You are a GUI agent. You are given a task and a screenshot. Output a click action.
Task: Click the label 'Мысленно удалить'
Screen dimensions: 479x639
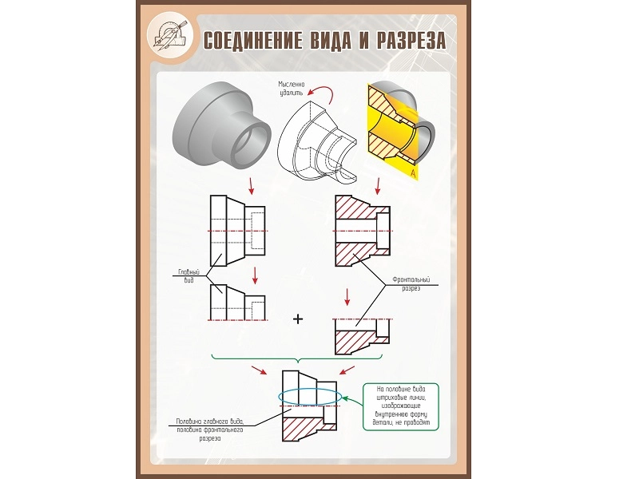tap(293, 88)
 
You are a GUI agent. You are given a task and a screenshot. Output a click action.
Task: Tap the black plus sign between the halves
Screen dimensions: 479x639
tap(299, 319)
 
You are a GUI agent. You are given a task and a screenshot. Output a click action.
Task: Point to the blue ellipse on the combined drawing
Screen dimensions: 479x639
tap(309, 397)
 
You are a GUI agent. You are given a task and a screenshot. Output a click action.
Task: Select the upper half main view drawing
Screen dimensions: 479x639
tap(236, 303)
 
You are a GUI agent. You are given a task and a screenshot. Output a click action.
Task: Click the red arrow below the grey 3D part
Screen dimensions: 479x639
tap(252, 184)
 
